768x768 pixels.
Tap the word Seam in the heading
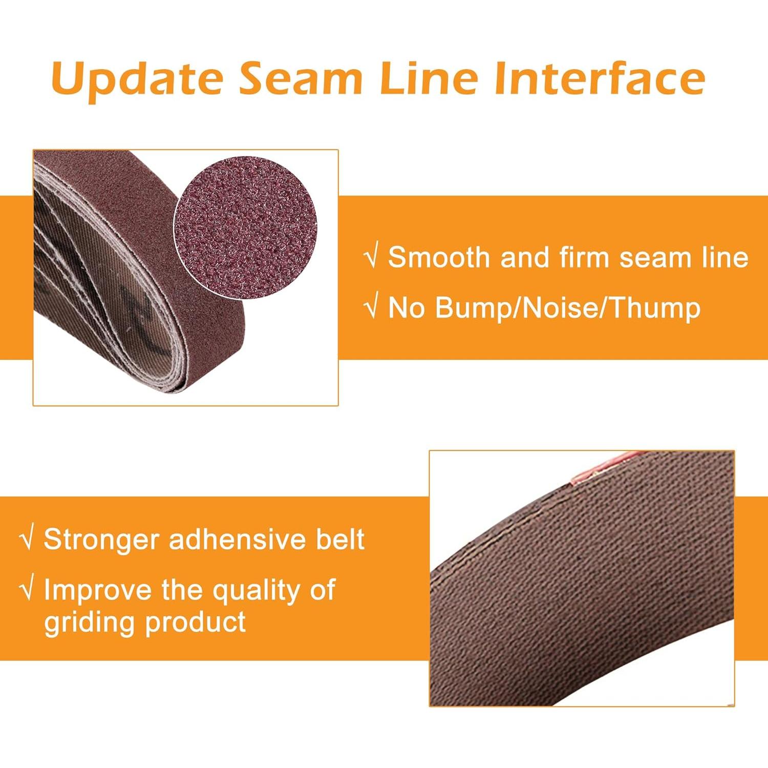[301, 78]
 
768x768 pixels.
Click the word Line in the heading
[429, 78]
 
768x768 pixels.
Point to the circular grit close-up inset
[246, 228]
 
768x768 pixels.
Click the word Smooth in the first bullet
[439, 257]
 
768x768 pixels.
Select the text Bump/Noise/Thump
[568, 308]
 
